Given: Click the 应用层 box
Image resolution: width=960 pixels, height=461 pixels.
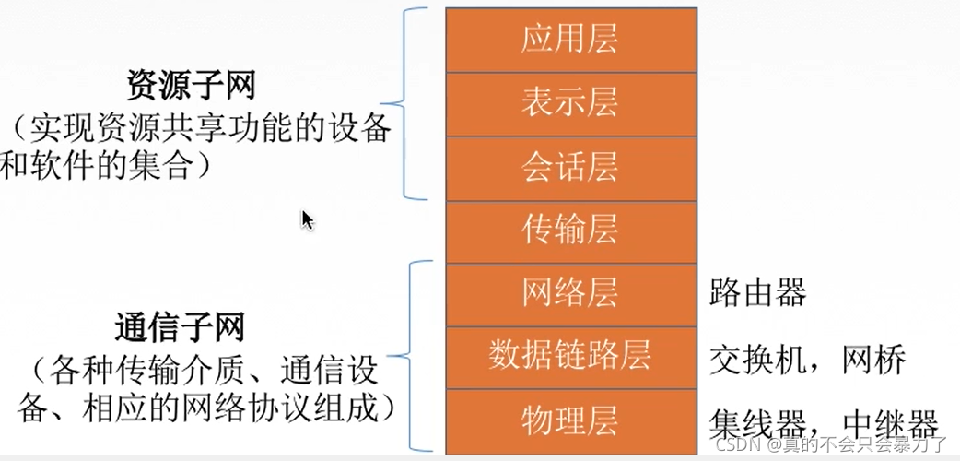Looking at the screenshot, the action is click(x=569, y=40).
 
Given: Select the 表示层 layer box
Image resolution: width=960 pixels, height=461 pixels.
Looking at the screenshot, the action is click(x=569, y=103).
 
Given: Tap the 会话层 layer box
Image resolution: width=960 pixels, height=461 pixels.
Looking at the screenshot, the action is click(x=569, y=167).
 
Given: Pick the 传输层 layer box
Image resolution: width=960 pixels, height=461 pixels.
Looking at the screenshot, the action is click(x=569, y=230).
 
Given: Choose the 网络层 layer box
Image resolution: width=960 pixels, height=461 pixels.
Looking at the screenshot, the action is click(x=569, y=293).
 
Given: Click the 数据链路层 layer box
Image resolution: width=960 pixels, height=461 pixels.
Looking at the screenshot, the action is click(x=569, y=356).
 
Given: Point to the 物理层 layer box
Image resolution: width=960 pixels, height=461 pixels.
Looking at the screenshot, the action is click(x=569, y=420).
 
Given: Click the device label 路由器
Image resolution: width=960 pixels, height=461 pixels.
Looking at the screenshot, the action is click(x=758, y=293).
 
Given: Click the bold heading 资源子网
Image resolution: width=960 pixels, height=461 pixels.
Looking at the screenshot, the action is click(x=191, y=87).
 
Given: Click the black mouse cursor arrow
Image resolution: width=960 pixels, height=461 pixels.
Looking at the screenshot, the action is click(x=307, y=219).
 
